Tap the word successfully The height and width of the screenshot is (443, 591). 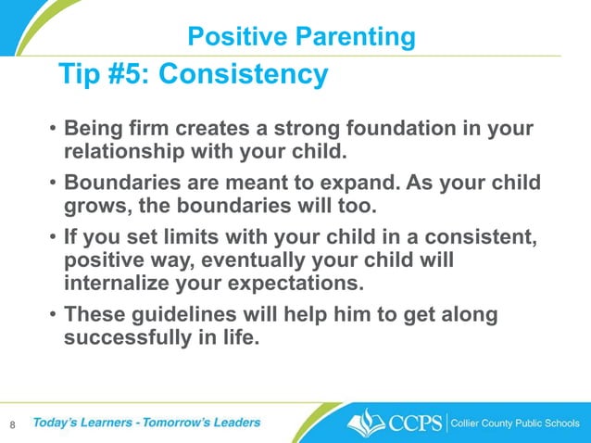click(x=126, y=337)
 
